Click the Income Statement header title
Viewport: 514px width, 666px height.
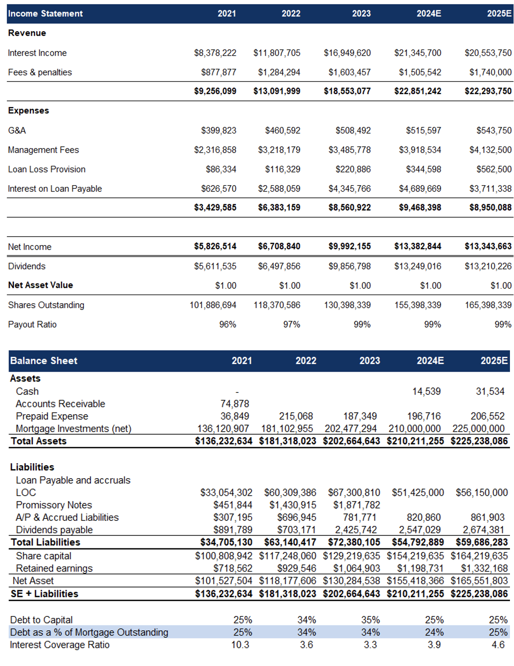(x=45, y=14)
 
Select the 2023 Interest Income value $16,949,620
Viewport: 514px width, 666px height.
(x=347, y=53)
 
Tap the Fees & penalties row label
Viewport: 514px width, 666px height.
(x=40, y=73)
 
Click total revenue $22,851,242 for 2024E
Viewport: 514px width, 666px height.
(x=418, y=91)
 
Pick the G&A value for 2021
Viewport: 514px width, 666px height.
(x=219, y=131)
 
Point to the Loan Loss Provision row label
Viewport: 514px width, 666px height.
(x=46, y=169)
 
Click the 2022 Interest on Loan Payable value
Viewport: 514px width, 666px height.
(x=279, y=189)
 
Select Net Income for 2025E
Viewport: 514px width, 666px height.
(x=488, y=246)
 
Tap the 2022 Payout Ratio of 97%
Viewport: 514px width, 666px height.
(x=292, y=324)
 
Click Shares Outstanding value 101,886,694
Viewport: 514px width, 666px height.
(x=213, y=305)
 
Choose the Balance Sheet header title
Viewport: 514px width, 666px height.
(x=44, y=360)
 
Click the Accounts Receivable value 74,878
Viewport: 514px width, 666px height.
(x=234, y=404)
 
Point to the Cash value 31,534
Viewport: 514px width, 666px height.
(x=490, y=392)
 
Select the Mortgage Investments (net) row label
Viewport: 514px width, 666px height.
(x=73, y=429)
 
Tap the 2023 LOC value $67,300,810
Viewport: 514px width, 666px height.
(x=354, y=493)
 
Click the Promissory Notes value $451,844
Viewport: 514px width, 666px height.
(x=233, y=505)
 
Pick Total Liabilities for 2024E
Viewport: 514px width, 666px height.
(x=418, y=542)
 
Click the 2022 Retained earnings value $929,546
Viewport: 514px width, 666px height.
(x=297, y=568)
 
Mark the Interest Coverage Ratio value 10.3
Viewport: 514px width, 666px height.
(x=240, y=645)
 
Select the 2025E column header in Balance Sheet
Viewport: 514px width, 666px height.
(x=494, y=360)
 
